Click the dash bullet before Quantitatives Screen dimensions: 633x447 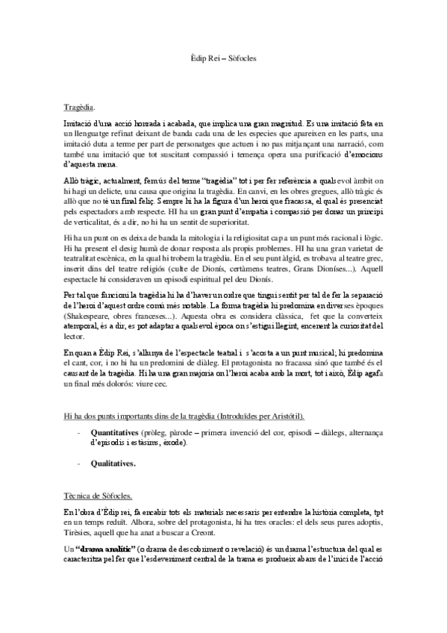pyautogui.click(x=78, y=432)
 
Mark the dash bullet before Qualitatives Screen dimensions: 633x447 pyautogui.click(x=78, y=463)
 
